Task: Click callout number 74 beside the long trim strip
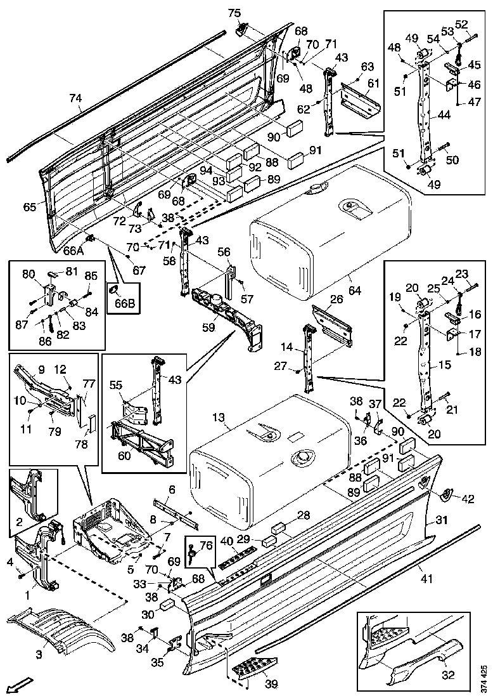(75, 98)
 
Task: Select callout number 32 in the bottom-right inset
(448, 675)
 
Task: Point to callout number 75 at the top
(234, 13)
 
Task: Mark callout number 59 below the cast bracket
(208, 327)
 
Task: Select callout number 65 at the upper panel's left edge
(29, 207)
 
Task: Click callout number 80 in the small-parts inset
(28, 275)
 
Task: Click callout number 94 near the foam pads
(205, 170)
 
